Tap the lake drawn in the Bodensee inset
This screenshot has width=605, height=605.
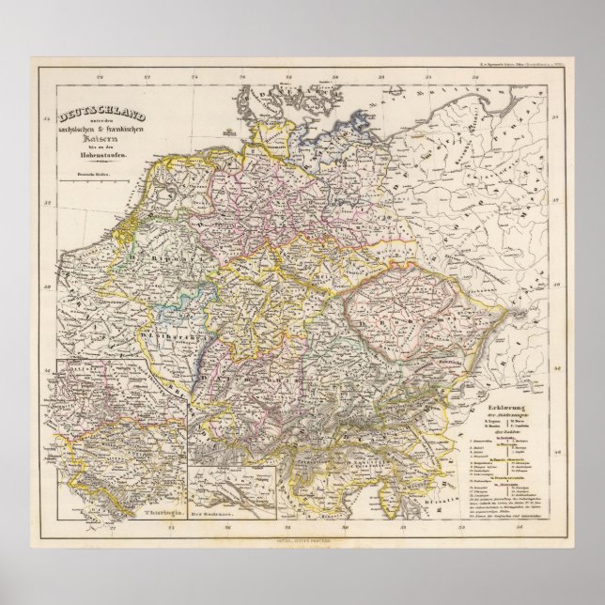pos(230,484)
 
